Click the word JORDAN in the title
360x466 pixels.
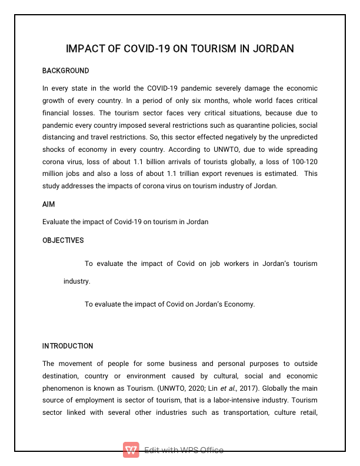point(273,48)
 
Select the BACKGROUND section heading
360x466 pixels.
point(65,71)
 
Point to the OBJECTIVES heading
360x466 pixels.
point(63,241)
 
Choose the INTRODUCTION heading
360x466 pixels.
point(68,346)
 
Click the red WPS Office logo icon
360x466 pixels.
point(131,450)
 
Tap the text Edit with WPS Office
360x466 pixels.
point(184,450)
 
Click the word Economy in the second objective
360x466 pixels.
point(239,304)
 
